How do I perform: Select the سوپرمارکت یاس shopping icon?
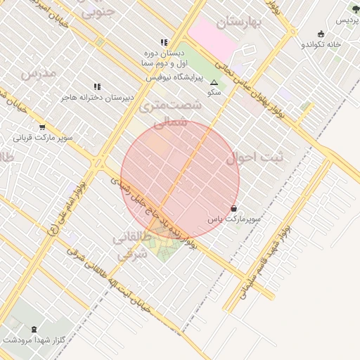click(x=233, y=208)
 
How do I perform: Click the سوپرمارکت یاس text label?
click(x=233, y=219)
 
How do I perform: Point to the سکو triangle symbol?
click(x=214, y=82)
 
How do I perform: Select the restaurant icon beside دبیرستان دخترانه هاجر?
click(x=96, y=86)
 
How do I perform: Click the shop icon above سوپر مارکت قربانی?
click(x=42, y=127)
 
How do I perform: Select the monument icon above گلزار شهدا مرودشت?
click(x=34, y=328)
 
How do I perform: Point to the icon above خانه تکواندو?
click(x=321, y=33)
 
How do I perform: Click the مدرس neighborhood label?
click(x=38, y=72)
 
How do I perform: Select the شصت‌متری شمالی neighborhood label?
click(x=170, y=113)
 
